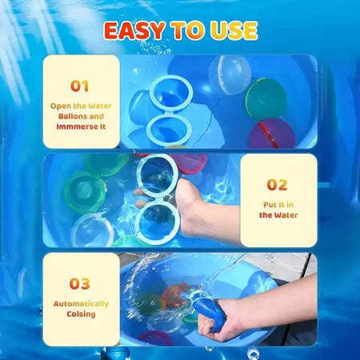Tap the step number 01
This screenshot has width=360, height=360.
click(x=80, y=86)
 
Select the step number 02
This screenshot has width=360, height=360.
click(x=277, y=185)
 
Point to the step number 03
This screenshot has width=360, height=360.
click(x=80, y=283)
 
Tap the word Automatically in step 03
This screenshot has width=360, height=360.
click(x=81, y=304)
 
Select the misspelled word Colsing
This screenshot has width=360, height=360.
click(x=81, y=314)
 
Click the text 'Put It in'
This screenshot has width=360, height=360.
click(x=278, y=205)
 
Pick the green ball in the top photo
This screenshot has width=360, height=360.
click(x=266, y=98)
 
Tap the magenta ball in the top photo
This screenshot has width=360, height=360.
click(x=270, y=134)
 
